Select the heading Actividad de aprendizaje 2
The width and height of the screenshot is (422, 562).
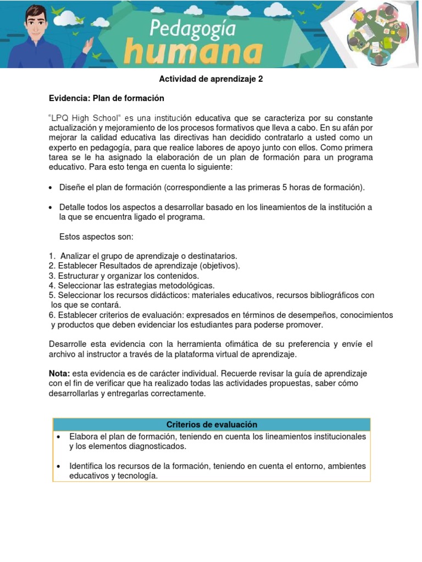tap(211, 79)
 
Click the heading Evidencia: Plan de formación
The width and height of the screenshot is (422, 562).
tap(107, 98)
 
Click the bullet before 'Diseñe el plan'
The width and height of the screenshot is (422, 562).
tap(51, 188)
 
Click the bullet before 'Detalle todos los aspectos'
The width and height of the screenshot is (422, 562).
tap(51, 207)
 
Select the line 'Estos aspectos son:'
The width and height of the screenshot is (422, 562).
tap(96, 237)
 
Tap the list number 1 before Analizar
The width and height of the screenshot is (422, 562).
tap(51, 256)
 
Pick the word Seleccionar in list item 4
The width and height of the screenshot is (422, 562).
tap(80, 285)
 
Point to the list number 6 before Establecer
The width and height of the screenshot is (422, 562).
tap(51, 315)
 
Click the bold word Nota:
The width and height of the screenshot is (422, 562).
tap(59, 374)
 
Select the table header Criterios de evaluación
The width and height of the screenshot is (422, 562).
tap(212, 425)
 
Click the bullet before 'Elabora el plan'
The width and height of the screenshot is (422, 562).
tap(58, 437)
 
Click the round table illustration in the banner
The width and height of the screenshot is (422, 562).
tap(379, 33)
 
